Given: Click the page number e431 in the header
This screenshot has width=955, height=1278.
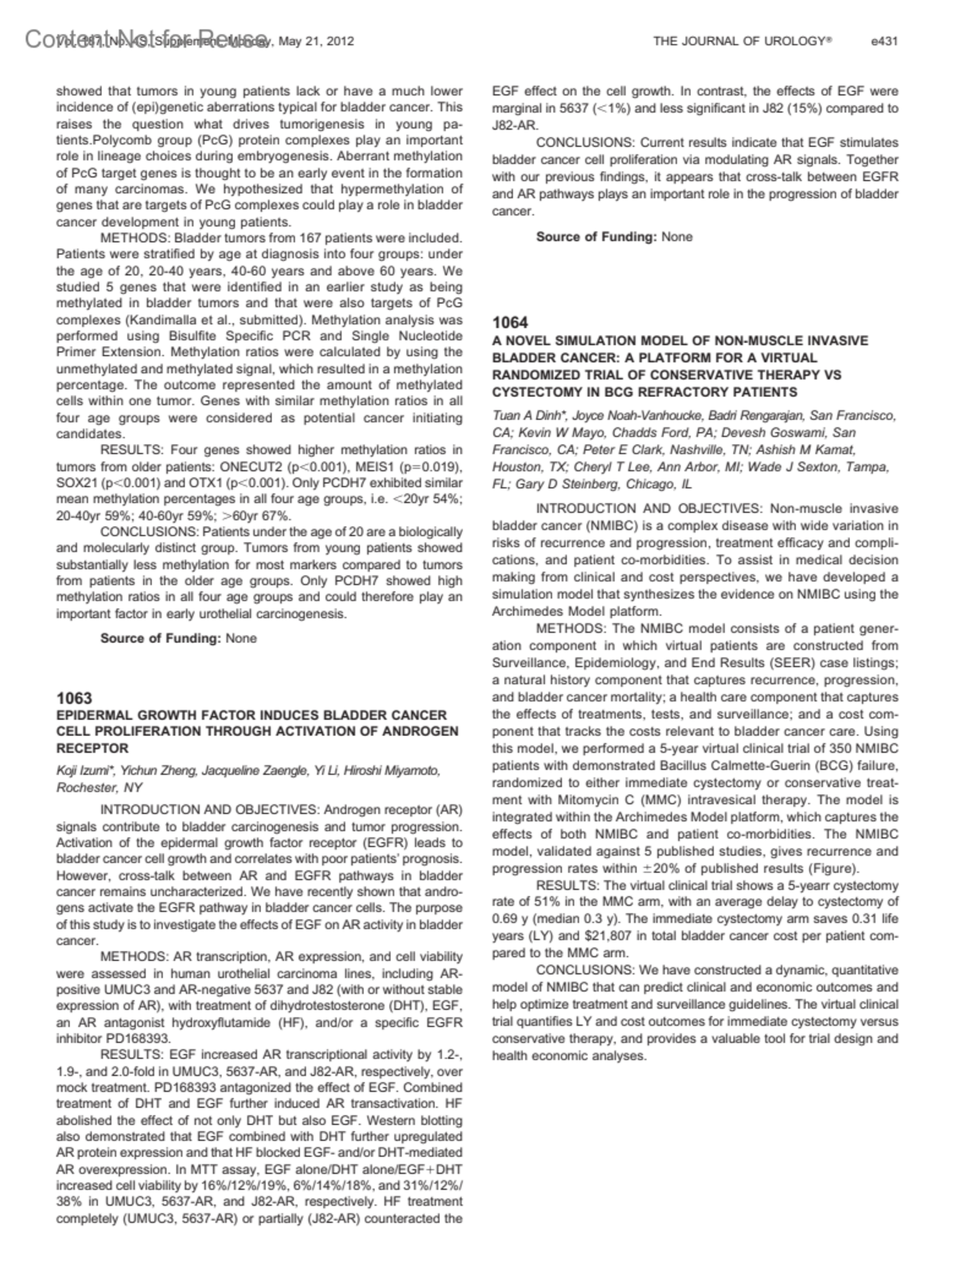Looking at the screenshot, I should coord(884,41).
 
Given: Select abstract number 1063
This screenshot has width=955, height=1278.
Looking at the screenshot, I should coord(74,698).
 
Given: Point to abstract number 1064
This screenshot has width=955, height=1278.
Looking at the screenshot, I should coord(510,322).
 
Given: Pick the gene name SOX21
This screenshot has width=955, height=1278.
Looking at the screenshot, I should coord(78,483).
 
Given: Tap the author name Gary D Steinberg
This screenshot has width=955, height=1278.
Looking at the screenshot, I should coord(563,484).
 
